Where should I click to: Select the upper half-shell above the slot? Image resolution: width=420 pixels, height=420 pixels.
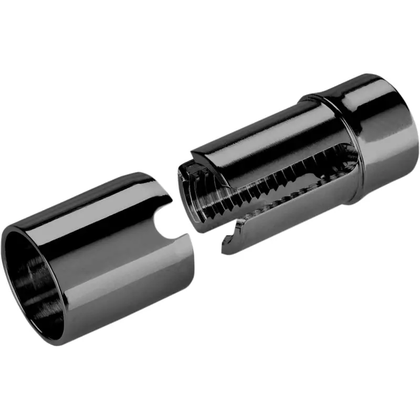(252, 136)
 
